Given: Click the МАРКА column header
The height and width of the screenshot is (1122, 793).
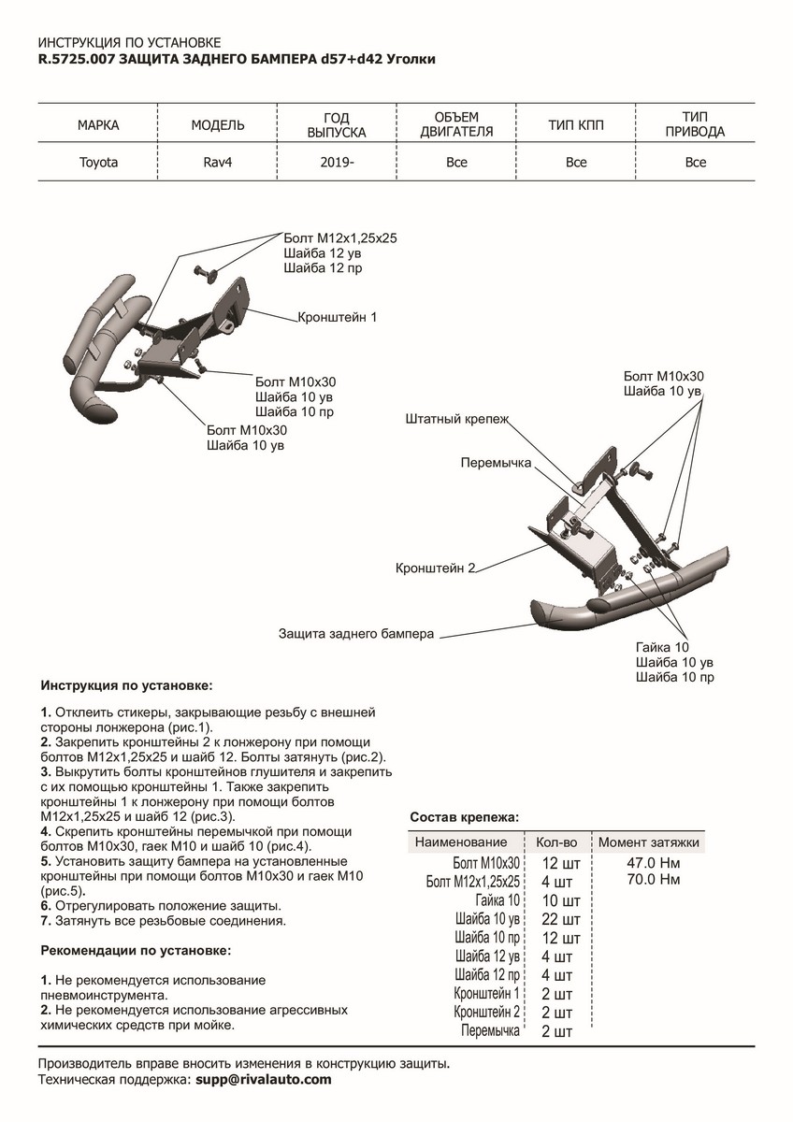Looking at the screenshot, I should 98,124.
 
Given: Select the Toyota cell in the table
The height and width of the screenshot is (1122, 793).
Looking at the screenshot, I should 98,163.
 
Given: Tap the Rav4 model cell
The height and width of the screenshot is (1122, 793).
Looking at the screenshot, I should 217,163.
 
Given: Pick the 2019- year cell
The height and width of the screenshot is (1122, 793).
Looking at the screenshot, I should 336,163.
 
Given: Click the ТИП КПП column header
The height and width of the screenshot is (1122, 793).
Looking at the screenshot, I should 576,124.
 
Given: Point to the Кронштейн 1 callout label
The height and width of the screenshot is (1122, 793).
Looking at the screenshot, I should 338,317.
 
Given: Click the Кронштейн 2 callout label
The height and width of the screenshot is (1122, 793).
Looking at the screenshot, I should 436,568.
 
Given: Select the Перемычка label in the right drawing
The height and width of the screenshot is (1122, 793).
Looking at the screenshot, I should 496,463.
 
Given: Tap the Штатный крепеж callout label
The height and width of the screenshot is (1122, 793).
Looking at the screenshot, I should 457,420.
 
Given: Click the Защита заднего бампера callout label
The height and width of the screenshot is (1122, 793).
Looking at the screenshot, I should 356,634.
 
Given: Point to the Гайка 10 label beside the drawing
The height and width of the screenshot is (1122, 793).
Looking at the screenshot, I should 661,647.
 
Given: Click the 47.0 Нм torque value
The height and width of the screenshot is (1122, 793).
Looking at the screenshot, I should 648,862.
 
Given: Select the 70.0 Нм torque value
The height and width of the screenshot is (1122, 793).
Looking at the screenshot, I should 648,880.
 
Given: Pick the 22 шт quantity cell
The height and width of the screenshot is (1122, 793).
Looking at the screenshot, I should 561,918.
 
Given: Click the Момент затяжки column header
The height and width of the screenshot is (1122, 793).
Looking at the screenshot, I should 649,842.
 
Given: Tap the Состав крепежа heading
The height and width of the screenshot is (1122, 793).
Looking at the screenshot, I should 464,816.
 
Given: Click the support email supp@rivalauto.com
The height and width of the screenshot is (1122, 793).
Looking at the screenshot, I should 263,1079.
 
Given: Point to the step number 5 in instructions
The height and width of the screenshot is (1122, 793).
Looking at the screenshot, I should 46,860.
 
